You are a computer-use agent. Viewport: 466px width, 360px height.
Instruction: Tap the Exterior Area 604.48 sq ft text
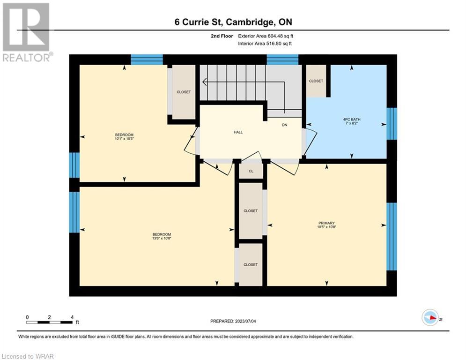pos(266,36)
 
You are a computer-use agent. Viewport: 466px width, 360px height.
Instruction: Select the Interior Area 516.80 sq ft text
pos(265,44)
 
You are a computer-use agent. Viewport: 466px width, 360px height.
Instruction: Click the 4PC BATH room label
pos(352,120)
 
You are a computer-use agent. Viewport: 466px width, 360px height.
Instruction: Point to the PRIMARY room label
pos(326,223)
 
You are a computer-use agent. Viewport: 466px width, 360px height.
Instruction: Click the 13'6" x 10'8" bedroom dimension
pos(162,238)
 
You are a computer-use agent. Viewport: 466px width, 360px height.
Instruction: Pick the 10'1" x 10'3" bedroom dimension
pos(124,138)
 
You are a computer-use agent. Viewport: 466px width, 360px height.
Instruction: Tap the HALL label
pos(238,132)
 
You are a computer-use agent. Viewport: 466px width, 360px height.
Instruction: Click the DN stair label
pos(285,125)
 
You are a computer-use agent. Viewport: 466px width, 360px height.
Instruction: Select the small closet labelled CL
pos(251,171)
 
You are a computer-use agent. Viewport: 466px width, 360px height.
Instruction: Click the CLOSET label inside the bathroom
pos(316,81)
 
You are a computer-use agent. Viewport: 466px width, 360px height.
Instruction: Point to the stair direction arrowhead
pos(205,81)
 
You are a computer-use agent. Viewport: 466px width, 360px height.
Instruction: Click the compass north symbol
pos(430,317)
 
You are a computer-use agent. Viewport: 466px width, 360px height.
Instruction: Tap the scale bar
pos(50,322)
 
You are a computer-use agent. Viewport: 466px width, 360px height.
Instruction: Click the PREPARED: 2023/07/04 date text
pos(233,321)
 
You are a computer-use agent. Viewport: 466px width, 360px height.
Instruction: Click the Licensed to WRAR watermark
pos(28,356)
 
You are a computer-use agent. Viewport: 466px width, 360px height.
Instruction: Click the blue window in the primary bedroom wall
pos(392,237)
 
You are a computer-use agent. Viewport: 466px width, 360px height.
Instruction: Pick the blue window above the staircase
pos(282,60)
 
